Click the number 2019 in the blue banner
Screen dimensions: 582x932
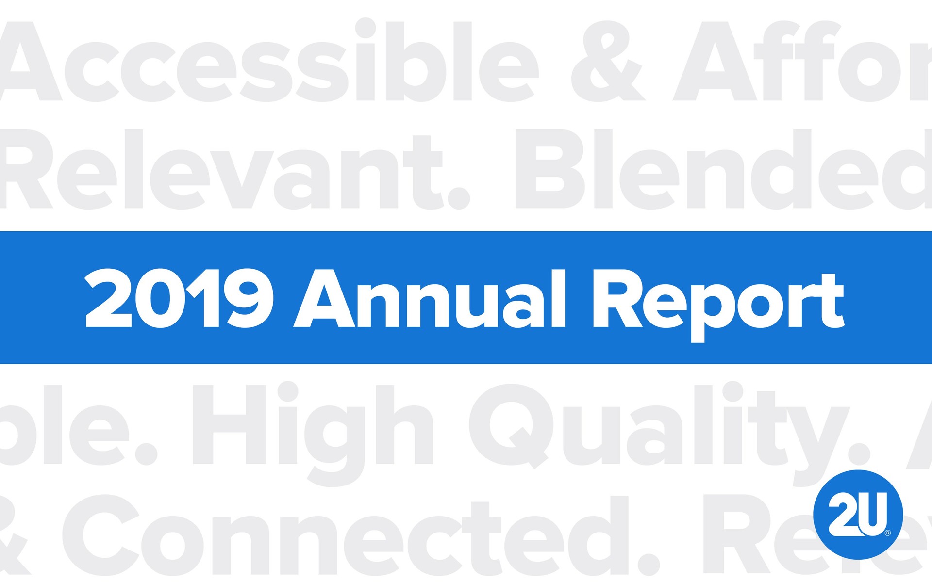coord(179,299)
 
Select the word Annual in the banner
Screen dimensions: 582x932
coord(430,299)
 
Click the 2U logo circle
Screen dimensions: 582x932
coord(858,515)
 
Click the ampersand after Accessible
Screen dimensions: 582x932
coord(607,62)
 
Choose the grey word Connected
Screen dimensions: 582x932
coord(335,536)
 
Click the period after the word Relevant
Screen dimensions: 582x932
coord(458,198)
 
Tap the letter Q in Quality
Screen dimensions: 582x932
coord(511,426)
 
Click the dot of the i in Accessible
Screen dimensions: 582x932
coord(366,28)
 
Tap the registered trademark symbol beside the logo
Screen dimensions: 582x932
coord(888,533)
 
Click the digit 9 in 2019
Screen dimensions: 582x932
coord(250,298)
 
